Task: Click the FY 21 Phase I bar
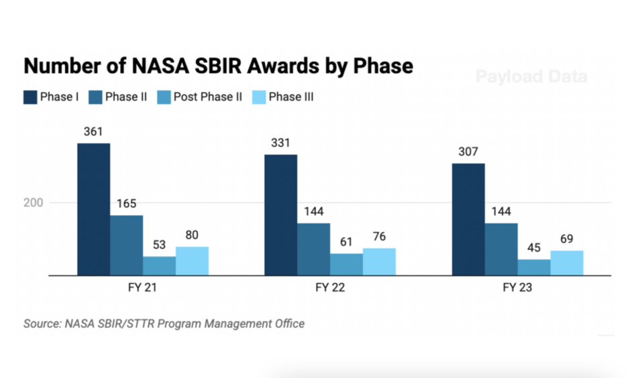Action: point(93,209)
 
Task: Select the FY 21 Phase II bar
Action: point(126,245)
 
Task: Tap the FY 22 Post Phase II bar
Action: point(346,264)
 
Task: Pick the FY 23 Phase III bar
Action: point(567,263)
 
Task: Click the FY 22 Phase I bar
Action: point(280,214)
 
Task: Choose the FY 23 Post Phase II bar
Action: point(534,267)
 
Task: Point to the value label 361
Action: point(93,132)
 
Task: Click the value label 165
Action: point(126,204)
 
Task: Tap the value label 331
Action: point(280,143)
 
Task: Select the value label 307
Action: point(468,152)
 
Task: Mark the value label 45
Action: point(534,248)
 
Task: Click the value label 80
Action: point(192,235)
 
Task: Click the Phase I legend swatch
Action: point(30,97)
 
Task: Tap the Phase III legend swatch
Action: point(258,97)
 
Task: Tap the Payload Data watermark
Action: point(531,76)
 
